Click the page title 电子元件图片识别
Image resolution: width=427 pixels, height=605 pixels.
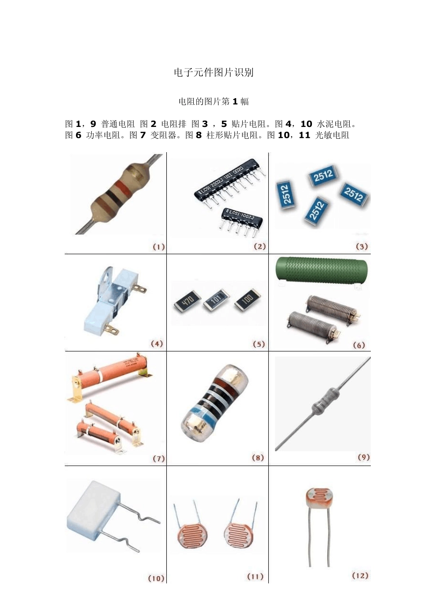[213, 72]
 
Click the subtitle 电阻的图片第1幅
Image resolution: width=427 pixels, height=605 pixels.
[213, 101]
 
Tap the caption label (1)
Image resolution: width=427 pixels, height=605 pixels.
[159, 247]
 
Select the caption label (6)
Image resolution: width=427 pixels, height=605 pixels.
[359, 345]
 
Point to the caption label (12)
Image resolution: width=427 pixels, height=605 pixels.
[360, 575]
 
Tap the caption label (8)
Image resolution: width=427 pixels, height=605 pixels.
[258, 458]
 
